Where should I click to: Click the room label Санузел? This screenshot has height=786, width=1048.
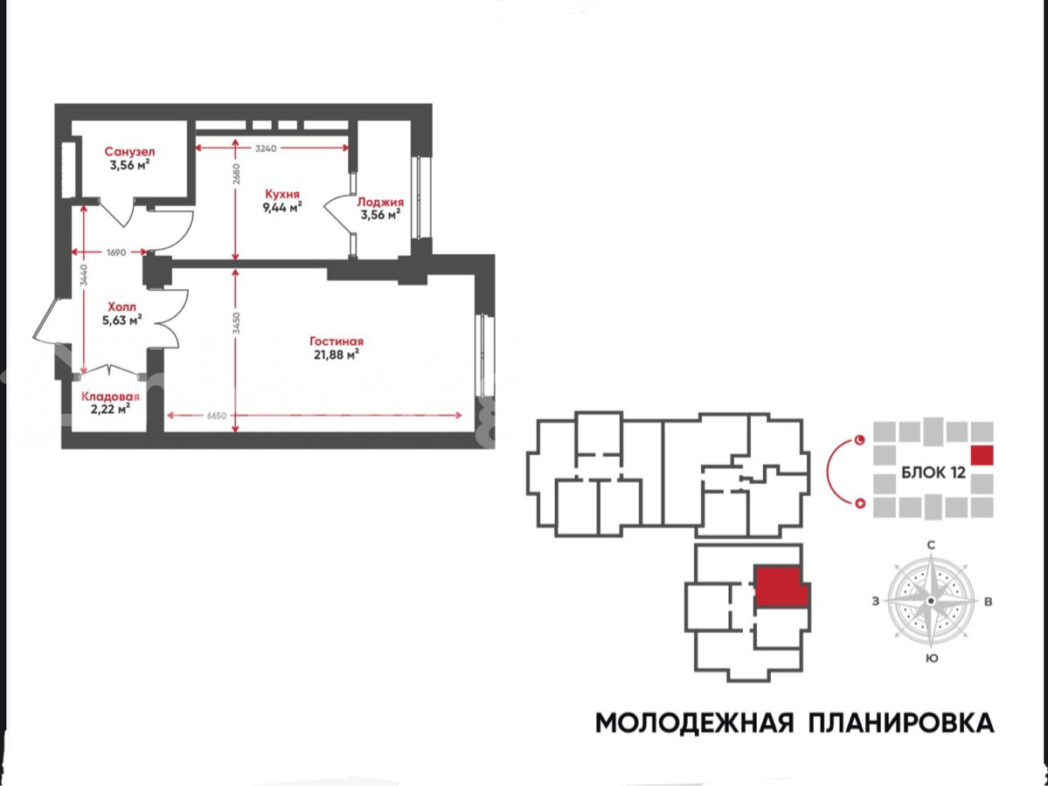point(129,152)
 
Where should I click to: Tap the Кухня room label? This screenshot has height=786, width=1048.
point(282,194)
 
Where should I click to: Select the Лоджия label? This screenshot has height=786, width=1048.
point(380,202)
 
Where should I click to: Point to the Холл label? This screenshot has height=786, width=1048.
point(121,307)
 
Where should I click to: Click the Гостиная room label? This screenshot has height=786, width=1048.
point(337,341)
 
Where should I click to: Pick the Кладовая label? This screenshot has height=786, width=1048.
point(110,396)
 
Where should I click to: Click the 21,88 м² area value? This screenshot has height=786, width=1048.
point(337,355)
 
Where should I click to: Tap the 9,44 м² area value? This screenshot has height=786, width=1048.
point(282,207)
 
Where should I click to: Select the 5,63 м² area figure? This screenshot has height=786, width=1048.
point(121,320)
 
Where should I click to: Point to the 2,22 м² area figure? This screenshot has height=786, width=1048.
point(110,410)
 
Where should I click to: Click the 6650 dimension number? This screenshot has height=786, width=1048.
point(217,416)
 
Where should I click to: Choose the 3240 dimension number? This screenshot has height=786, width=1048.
point(266,148)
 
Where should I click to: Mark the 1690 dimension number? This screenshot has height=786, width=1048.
point(116,252)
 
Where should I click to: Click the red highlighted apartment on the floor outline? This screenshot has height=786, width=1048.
point(781,587)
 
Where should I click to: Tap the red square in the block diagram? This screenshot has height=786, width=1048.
point(982,455)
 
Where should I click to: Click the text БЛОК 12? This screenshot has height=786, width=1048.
point(933,472)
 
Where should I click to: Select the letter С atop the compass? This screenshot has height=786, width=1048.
point(931,545)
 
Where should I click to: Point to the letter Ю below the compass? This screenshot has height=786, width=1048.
point(932,658)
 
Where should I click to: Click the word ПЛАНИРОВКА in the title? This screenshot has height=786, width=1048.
point(901,722)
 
